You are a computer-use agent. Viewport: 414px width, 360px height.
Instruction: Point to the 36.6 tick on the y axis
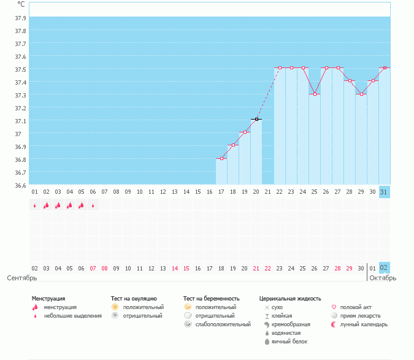[x=20, y=185]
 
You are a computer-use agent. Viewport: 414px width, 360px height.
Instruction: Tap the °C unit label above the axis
[x=21, y=4]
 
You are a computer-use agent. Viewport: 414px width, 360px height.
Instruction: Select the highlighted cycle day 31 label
[x=384, y=192]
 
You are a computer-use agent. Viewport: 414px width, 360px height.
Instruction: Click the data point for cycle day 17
[x=221, y=159]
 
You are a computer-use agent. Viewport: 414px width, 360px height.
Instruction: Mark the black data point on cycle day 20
[x=256, y=119]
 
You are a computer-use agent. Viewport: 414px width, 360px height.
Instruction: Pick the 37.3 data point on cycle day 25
[x=315, y=94]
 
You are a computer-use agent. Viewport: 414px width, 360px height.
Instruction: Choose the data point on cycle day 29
[x=362, y=94]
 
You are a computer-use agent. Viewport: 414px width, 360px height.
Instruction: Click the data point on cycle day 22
[x=280, y=67]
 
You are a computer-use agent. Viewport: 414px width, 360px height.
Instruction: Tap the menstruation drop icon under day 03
[x=46, y=205]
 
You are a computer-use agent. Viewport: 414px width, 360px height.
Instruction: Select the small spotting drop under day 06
[x=93, y=206]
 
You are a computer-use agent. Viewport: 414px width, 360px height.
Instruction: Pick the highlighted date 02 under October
[x=384, y=268]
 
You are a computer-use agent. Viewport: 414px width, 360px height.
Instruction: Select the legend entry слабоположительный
[x=223, y=324]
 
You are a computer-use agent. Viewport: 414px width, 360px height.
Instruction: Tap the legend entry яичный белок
[x=289, y=341]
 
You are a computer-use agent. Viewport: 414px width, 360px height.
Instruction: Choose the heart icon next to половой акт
[x=334, y=307]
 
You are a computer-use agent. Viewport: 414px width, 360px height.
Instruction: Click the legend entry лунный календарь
[x=364, y=324]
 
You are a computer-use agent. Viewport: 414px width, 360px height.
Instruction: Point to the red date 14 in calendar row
[x=175, y=268]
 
